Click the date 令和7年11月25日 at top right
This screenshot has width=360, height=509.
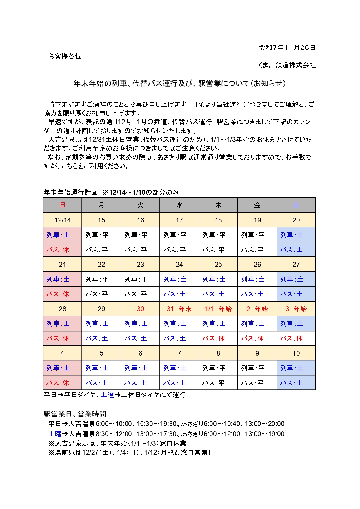point(287,48)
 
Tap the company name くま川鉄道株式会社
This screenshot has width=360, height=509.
point(287,65)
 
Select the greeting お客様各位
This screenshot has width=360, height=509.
point(65,57)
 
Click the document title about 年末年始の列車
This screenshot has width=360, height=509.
point(179,84)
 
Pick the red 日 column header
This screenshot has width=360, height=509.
point(62,205)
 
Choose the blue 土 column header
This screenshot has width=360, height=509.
point(296,205)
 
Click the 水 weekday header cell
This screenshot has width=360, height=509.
point(179,205)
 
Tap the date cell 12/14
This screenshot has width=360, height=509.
point(62,220)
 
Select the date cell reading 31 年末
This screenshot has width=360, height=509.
point(179,309)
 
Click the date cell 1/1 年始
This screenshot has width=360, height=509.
point(218,309)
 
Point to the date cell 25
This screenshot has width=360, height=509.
point(218,265)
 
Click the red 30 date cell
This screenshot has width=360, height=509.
point(140,309)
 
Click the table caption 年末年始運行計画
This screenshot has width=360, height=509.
point(70,192)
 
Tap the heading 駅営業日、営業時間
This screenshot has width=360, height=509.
point(75,414)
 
